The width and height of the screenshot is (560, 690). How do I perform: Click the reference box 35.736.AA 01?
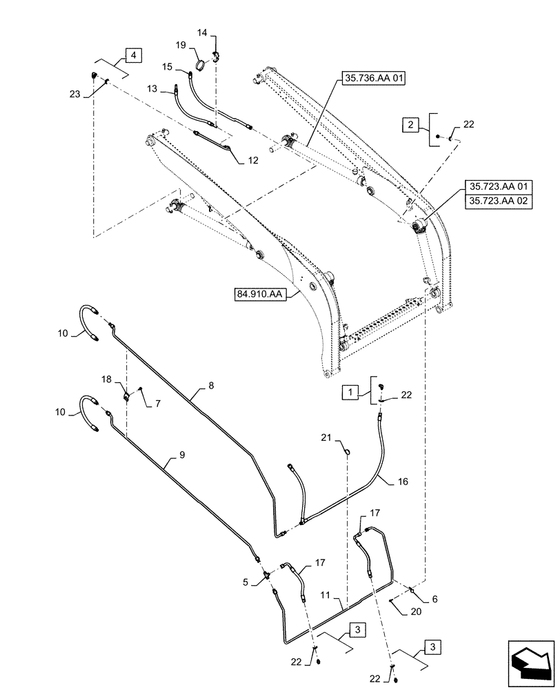pos(373,79)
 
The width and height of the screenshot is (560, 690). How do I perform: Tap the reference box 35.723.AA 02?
pos(499,201)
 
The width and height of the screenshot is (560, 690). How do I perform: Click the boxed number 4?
pos(133,55)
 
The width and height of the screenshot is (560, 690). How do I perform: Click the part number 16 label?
pos(403,481)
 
